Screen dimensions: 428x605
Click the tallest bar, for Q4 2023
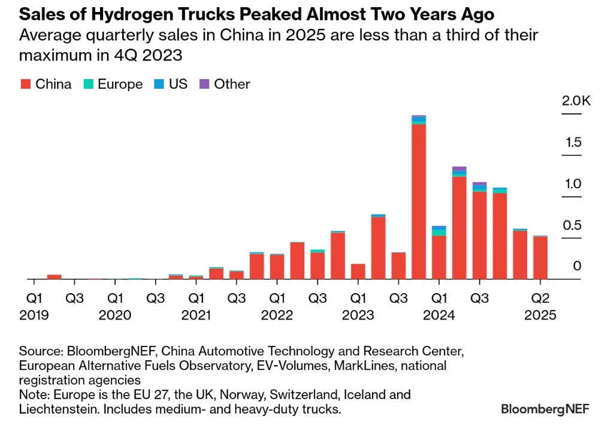419,198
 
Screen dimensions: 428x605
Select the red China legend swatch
25,85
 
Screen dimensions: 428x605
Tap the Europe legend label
120,85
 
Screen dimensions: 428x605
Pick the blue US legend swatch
159,85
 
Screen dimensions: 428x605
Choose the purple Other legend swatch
204,85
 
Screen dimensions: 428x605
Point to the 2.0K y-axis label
576,101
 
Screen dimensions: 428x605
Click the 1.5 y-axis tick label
573,143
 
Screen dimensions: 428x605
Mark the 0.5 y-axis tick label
573,225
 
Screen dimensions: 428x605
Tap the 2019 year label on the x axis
34,315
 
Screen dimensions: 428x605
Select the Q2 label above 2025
542,298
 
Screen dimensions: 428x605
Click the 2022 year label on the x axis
276,315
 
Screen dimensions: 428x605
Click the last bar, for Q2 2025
540,258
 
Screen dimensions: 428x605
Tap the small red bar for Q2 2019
55,276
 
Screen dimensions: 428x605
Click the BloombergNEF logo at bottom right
544,409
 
